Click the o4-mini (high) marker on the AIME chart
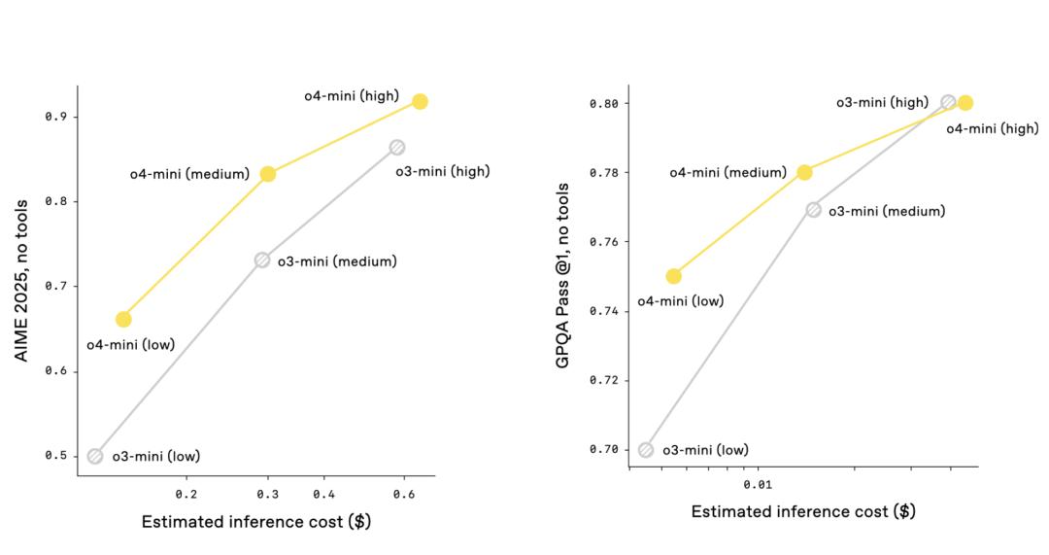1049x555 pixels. [x=420, y=101]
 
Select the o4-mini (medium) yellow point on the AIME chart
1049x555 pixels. [x=268, y=174]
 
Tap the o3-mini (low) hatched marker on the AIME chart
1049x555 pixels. [x=95, y=456]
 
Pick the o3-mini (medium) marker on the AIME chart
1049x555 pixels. [x=262, y=260]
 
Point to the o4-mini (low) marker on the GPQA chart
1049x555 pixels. [x=674, y=276]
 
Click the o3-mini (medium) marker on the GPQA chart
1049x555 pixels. [x=814, y=210]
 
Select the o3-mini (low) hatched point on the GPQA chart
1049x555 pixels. [x=646, y=449]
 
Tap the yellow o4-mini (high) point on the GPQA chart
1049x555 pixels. [x=965, y=103]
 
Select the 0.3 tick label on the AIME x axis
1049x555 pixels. [x=269, y=494]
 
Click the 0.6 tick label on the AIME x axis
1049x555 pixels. [x=404, y=494]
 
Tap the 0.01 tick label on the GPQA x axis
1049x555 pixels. [x=758, y=484]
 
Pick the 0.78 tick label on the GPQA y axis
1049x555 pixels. [x=604, y=173]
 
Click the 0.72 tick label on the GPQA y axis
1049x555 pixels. [x=604, y=380]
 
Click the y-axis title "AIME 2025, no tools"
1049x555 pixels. [x=21, y=281]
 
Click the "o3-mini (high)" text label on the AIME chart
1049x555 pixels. [x=442, y=172]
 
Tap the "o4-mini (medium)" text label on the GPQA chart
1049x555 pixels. [x=728, y=173]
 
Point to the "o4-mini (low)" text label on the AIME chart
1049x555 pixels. [x=130, y=344]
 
